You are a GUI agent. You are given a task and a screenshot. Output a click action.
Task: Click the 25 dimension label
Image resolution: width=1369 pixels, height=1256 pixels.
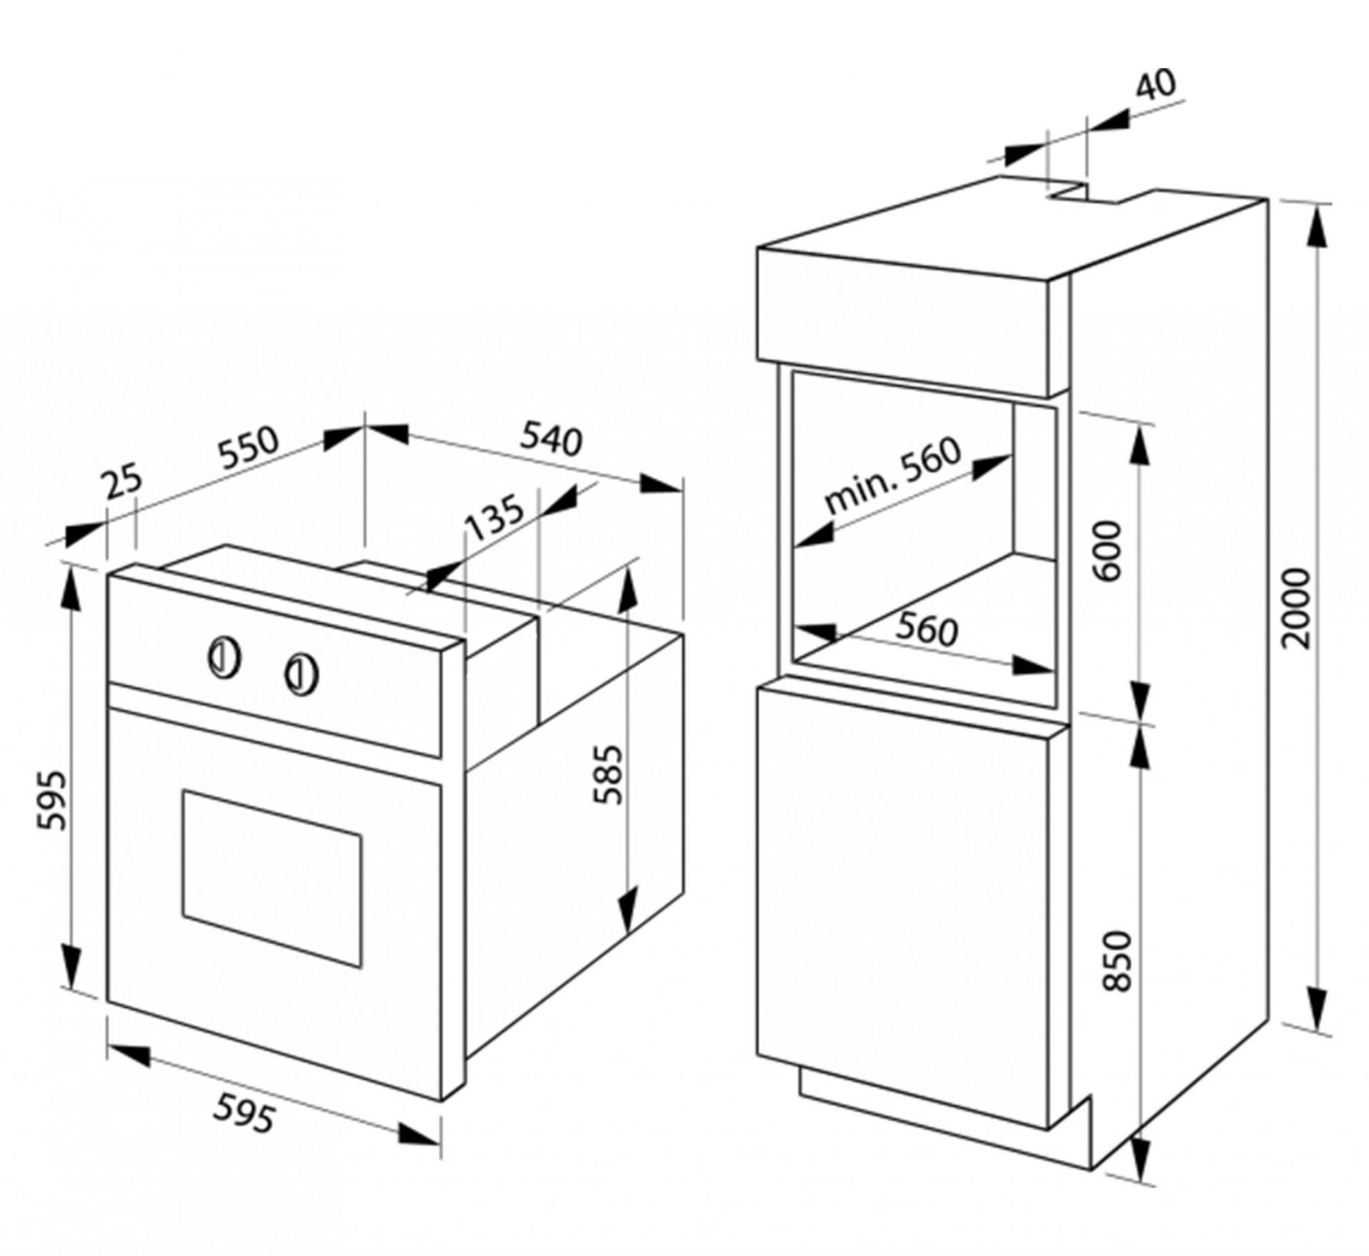pos(124,484)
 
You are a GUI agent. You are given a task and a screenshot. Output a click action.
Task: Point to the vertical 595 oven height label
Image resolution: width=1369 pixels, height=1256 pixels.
pos(53,800)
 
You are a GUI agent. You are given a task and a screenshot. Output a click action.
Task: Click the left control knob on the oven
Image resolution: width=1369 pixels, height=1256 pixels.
pos(224,657)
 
